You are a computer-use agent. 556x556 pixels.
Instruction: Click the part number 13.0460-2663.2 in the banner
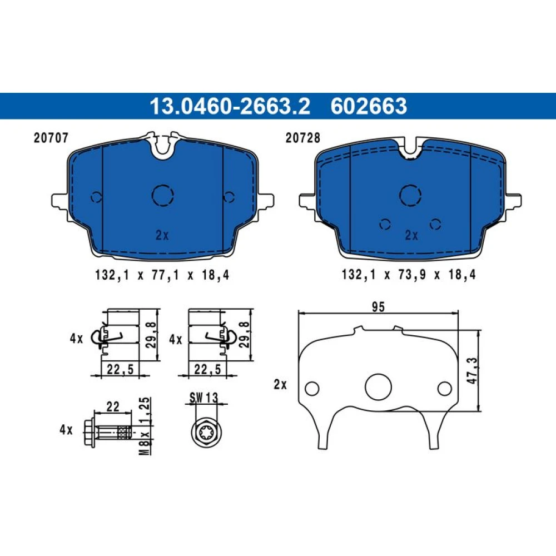(230, 106)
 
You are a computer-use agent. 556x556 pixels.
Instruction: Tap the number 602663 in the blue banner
(369, 106)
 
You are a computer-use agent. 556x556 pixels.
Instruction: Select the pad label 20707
(51, 138)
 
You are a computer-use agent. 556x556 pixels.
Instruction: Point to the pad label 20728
(303, 138)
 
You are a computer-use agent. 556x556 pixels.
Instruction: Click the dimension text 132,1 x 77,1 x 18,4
(162, 275)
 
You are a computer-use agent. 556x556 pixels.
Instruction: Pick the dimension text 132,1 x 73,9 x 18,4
(409, 275)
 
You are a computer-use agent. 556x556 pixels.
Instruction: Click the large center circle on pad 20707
(163, 195)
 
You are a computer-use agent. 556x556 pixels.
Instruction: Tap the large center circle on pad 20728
(410, 195)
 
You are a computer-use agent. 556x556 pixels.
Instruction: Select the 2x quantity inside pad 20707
(162, 235)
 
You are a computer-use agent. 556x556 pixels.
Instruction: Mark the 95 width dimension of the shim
(378, 307)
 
